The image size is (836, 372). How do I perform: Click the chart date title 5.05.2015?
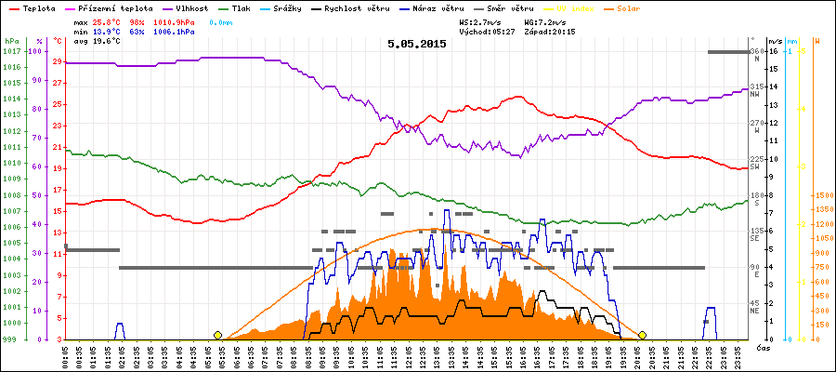[416, 44]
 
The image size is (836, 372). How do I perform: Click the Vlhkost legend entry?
[193, 7]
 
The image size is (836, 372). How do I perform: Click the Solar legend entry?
[642, 7]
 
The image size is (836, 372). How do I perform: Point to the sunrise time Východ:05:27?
[487, 31]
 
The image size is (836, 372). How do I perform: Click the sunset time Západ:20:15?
[550, 31]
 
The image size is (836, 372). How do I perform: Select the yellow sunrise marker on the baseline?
[218, 335]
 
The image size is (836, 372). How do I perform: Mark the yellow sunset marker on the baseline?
[642, 335]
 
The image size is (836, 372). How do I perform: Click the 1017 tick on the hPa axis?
[12, 51]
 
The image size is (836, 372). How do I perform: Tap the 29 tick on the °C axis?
[58, 61]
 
